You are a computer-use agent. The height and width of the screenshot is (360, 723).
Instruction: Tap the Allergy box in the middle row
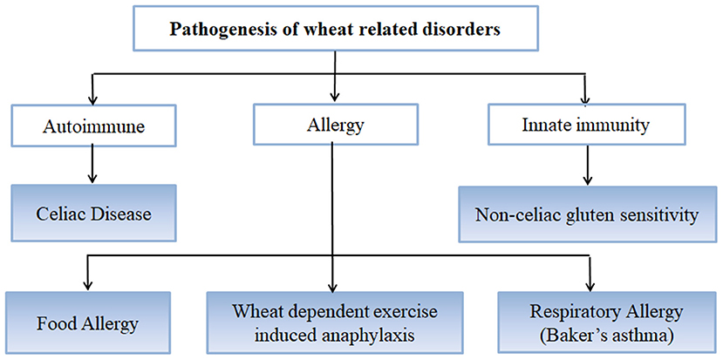click(335, 125)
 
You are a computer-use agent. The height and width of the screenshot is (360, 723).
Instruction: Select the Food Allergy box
click(87, 323)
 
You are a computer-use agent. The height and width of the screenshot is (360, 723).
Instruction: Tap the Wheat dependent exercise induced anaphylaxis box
click(335, 323)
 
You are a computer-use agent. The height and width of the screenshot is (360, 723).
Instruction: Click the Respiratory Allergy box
click(606, 323)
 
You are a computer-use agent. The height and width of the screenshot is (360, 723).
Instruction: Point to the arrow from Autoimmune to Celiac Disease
click(92, 164)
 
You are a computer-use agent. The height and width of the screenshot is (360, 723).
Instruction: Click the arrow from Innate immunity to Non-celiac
click(587, 165)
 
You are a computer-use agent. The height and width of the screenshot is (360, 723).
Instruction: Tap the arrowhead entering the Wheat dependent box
click(332, 285)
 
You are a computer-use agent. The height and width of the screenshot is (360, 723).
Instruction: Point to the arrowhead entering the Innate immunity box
click(585, 98)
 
